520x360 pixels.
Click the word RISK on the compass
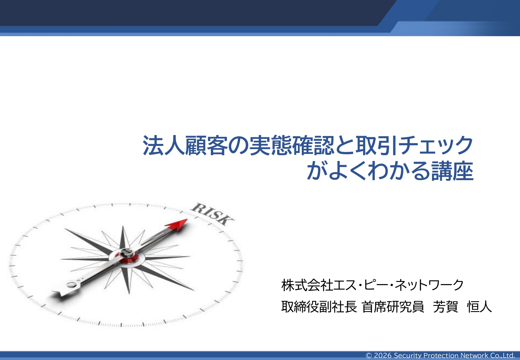click(213, 214)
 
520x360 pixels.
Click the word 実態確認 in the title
click(292, 146)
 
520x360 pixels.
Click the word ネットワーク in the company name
click(429, 285)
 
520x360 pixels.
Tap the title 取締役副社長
click(319, 307)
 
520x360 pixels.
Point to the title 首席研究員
click(393, 307)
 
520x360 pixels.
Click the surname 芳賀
click(445, 307)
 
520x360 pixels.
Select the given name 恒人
click(479, 307)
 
